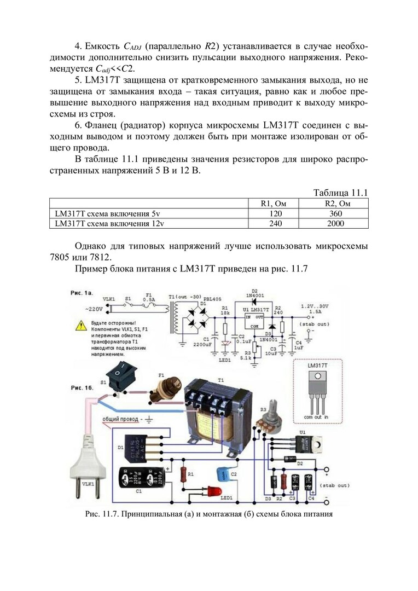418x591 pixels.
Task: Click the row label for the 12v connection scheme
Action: pyautogui.click(x=109, y=223)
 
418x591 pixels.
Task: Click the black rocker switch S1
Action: pyautogui.click(x=119, y=378)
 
